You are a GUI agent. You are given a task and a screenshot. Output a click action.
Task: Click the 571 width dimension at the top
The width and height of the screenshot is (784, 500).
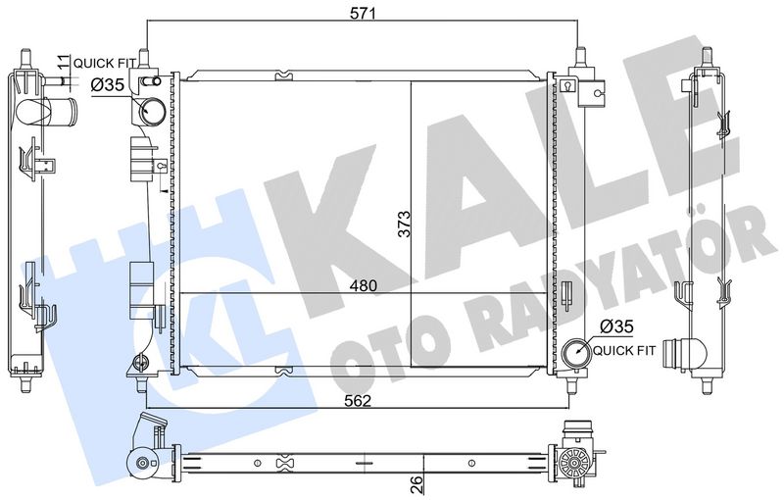coord(363,13)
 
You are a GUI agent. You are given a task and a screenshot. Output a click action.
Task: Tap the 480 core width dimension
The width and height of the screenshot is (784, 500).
coord(363,285)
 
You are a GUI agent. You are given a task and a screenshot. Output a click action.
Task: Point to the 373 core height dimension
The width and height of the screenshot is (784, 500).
coord(404,224)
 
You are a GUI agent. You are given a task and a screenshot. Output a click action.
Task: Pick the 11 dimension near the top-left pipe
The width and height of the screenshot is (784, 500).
coord(63,63)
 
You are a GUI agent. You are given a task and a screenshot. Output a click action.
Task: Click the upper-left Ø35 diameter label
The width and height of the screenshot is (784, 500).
coord(108,85)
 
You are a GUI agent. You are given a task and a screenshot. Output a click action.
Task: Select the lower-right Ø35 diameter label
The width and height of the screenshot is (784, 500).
coord(616,326)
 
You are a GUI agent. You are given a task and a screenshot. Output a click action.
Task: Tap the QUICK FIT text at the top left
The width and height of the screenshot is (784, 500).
coord(105,64)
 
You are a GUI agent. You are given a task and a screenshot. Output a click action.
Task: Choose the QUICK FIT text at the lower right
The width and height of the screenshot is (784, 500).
coord(624,351)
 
